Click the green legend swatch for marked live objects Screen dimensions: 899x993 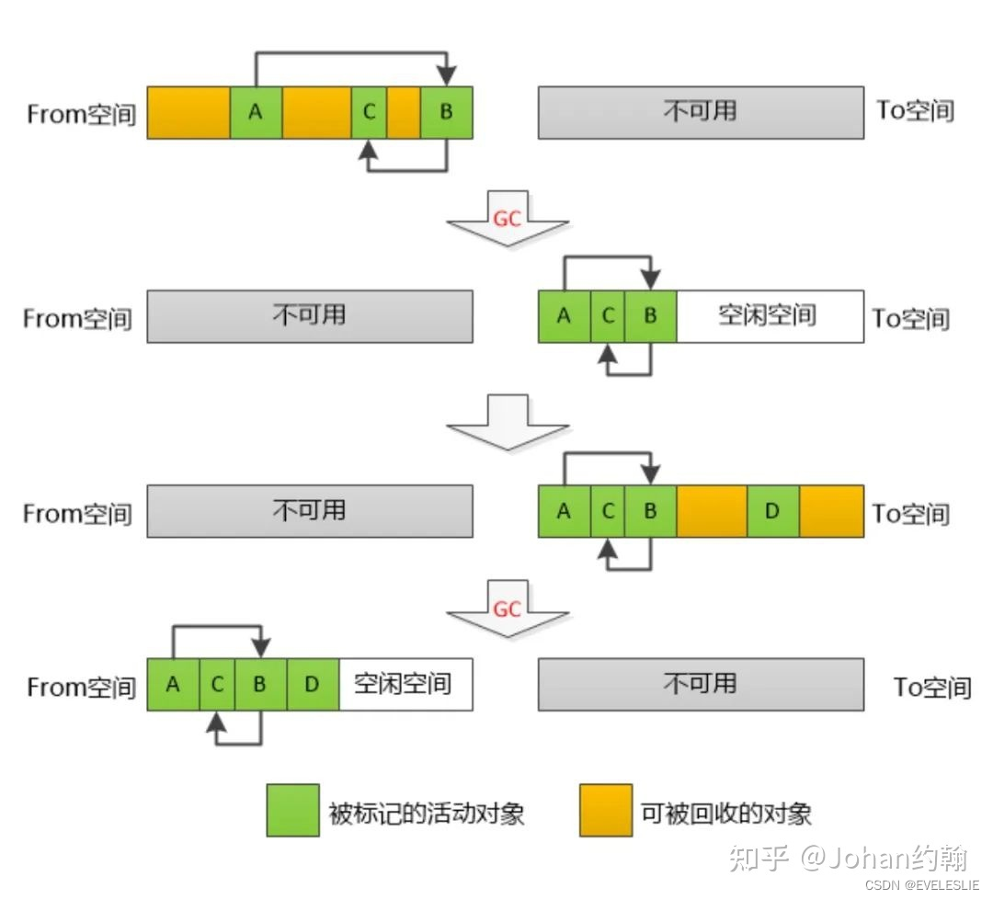click(292, 810)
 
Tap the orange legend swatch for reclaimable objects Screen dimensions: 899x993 click(605, 810)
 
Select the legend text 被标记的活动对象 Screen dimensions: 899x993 click(427, 813)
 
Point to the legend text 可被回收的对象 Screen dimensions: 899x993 click(726, 813)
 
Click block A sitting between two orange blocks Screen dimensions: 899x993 click(256, 112)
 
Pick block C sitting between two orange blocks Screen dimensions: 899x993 click(369, 112)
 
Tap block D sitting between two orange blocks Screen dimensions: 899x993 click(772, 511)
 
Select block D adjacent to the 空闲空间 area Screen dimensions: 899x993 click(313, 684)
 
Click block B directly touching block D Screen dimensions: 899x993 click(260, 684)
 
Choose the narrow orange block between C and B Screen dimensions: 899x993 click(404, 112)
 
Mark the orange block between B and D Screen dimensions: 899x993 click(712, 511)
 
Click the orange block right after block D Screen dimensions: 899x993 click(831, 511)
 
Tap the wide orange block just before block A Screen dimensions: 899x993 click(188, 112)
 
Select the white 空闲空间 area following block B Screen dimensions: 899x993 click(770, 316)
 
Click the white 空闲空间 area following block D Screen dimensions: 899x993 click(405, 684)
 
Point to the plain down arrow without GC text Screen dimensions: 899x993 click(507, 423)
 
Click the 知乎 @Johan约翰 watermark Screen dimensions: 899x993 click(847, 858)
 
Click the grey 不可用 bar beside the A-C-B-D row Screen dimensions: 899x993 click(701, 684)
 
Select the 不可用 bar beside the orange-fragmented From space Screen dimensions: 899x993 click(701, 112)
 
